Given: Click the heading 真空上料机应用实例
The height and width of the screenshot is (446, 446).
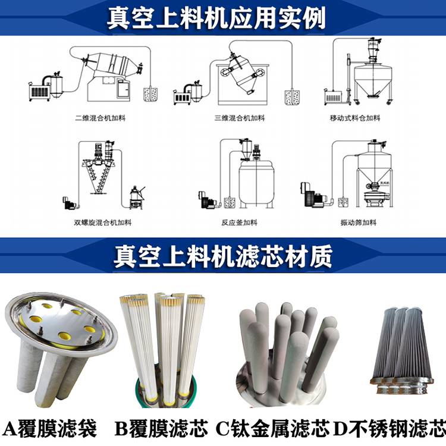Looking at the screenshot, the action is click(216, 18).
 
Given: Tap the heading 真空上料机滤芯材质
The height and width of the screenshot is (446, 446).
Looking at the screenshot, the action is click(223, 256).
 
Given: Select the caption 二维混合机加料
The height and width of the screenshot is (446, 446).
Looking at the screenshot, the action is click(100, 118).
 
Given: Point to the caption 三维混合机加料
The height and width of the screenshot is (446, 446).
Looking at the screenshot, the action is click(240, 118).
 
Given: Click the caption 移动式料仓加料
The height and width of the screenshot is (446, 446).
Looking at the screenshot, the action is click(355, 118).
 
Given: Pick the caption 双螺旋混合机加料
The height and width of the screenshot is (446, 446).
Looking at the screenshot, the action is click(103, 222).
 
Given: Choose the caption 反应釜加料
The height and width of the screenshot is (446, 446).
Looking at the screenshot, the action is click(239, 222).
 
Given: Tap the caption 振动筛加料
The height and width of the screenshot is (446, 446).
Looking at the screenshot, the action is click(359, 222).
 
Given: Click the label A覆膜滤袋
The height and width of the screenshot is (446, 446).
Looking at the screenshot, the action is click(49, 429).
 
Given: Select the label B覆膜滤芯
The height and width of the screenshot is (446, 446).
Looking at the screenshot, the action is click(161, 429).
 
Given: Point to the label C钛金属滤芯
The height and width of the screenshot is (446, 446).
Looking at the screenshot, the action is click(272, 429).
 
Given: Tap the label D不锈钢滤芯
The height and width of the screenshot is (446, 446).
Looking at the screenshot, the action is click(389, 429).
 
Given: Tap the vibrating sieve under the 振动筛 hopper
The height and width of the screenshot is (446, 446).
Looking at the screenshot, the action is click(375, 197).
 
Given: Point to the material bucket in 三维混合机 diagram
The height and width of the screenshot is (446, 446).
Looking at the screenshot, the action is click(292, 97).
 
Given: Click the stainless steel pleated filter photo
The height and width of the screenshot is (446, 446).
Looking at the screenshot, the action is click(401, 351).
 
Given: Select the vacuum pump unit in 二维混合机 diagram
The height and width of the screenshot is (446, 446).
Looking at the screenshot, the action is click(40, 91).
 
